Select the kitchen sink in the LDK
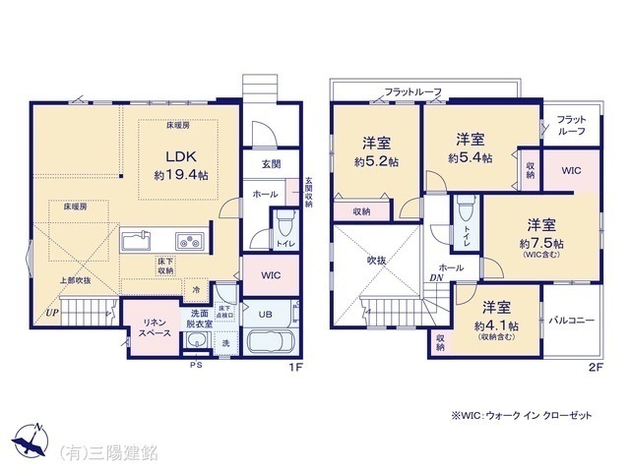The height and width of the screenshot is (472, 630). (135, 240)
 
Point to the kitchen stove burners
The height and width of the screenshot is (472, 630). (188, 241)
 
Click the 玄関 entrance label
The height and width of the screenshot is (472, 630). (271, 164)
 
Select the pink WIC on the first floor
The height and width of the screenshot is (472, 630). (271, 275)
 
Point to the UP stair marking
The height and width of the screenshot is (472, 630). (48, 314)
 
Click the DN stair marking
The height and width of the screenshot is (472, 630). (435, 278)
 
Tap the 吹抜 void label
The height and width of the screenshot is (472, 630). (378, 261)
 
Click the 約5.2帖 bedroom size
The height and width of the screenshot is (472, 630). (378, 160)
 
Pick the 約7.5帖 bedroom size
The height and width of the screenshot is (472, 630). (543, 242)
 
